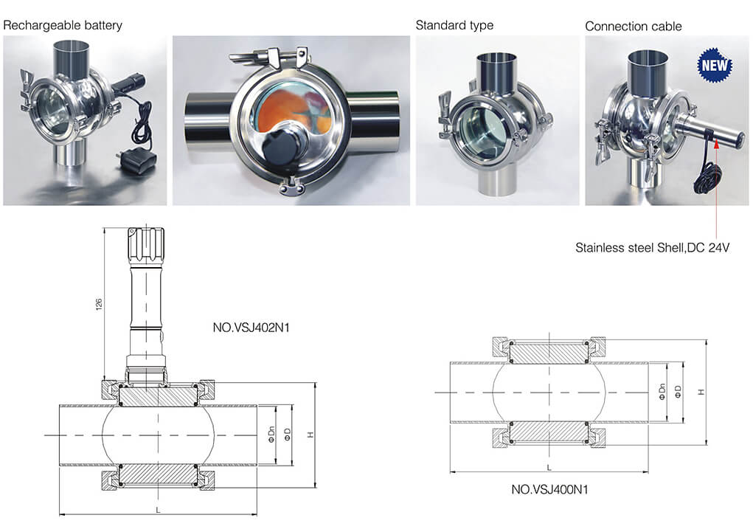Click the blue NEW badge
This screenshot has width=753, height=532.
(715, 66)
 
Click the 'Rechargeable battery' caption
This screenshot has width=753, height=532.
(63, 26)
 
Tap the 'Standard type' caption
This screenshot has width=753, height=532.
(454, 26)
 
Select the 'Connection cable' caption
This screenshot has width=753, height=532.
(633, 27)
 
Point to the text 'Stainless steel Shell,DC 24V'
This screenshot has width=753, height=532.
(652, 248)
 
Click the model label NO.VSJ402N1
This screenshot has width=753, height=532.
(251, 328)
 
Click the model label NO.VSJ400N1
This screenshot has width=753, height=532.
(549, 490)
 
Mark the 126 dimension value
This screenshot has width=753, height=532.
(99, 304)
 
